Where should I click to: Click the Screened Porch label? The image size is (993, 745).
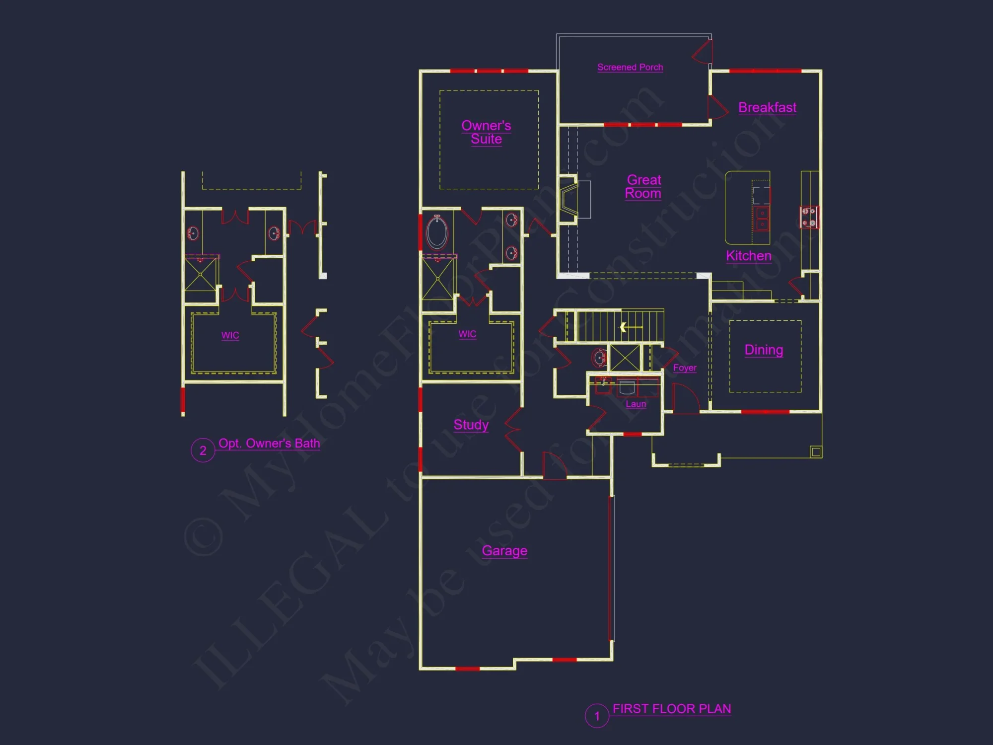pyautogui.click(x=630, y=67)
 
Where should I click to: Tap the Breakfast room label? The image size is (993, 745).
pyautogui.click(x=767, y=107)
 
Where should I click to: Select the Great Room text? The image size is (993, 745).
pyautogui.click(x=643, y=187)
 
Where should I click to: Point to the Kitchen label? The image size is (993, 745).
pyautogui.click(x=749, y=256)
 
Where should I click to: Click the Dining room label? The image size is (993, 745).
pyautogui.click(x=764, y=350)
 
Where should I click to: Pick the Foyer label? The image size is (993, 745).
pyautogui.click(x=685, y=368)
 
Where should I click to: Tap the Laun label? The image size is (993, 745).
pyautogui.click(x=636, y=404)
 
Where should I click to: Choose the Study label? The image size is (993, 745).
pyautogui.click(x=471, y=425)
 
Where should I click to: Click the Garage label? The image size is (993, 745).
pyautogui.click(x=504, y=551)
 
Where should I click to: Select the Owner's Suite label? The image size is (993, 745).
pyautogui.click(x=486, y=132)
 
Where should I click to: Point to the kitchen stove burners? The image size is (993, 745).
pyautogui.click(x=809, y=218)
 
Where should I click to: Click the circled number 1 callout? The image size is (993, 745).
pyautogui.click(x=597, y=716)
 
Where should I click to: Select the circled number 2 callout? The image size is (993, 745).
pyautogui.click(x=203, y=450)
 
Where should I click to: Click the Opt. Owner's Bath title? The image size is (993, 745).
pyautogui.click(x=269, y=444)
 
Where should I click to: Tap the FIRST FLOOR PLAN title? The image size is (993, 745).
pyautogui.click(x=671, y=709)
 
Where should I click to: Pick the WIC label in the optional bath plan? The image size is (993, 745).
pyautogui.click(x=230, y=335)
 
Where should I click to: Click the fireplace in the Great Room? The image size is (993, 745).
pyautogui.click(x=569, y=201)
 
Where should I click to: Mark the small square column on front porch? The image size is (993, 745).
pyautogui.click(x=816, y=451)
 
